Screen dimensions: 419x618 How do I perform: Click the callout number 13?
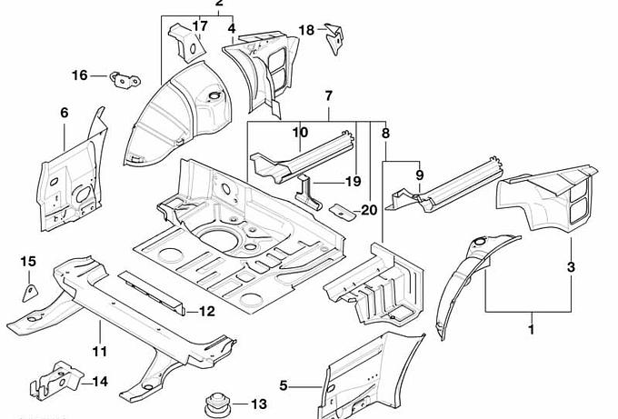[x=258, y=404]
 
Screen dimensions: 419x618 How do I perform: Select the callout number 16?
[x=80, y=75]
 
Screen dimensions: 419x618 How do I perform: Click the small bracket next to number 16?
[x=122, y=79]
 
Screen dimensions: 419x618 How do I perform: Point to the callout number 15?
[x=27, y=262]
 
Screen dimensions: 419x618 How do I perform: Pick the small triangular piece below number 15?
[x=29, y=292]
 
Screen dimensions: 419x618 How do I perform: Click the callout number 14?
[x=100, y=382]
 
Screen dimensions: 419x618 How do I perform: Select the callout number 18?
[x=306, y=30]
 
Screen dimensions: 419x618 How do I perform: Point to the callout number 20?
[x=368, y=210]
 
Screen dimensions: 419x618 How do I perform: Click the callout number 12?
[x=206, y=312]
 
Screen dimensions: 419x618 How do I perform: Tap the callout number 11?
[x=100, y=351]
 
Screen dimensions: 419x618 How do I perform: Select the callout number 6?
[x=64, y=113]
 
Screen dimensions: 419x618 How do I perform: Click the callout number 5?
[x=284, y=385]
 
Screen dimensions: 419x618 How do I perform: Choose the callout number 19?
[x=328, y=181]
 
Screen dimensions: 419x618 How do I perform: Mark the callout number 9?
[x=419, y=175]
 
